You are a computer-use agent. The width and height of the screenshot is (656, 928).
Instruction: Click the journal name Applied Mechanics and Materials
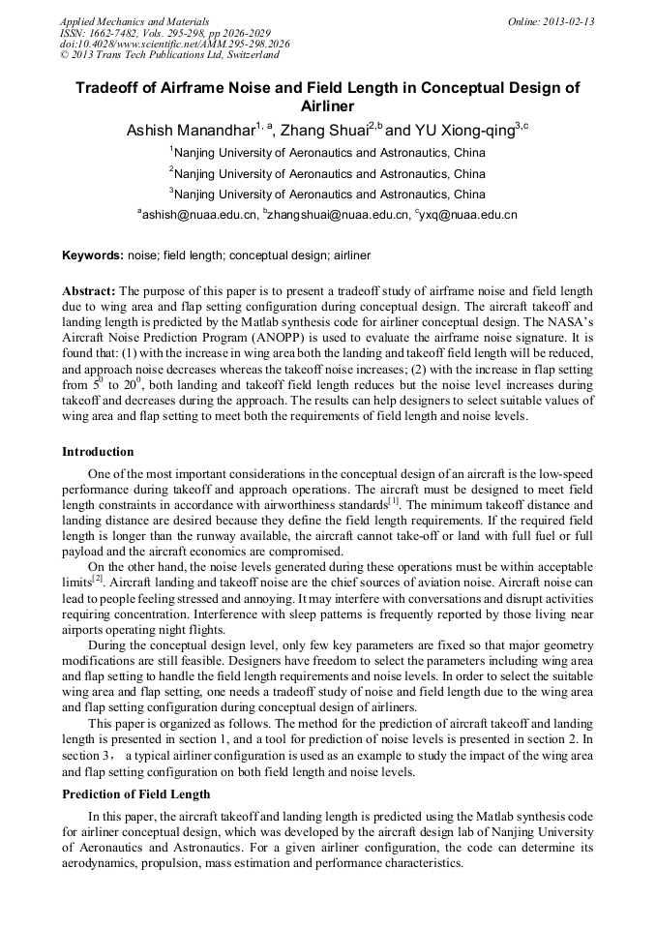point(134,21)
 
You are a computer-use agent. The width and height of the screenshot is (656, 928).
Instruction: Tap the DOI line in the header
point(174,44)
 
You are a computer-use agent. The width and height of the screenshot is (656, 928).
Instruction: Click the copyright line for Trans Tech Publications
point(169,55)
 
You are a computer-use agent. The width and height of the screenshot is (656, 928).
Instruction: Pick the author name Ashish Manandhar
point(191,130)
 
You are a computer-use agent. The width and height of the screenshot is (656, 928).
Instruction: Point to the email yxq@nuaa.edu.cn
point(468,215)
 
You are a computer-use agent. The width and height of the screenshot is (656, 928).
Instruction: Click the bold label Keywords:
point(93,255)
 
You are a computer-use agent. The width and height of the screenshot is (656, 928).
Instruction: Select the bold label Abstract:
point(89,290)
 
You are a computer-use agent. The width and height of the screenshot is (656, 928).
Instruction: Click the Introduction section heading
point(98,452)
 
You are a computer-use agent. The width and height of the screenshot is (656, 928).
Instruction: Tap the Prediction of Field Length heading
point(135,793)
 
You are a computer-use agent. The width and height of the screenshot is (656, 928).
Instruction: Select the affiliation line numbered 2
point(328,173)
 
